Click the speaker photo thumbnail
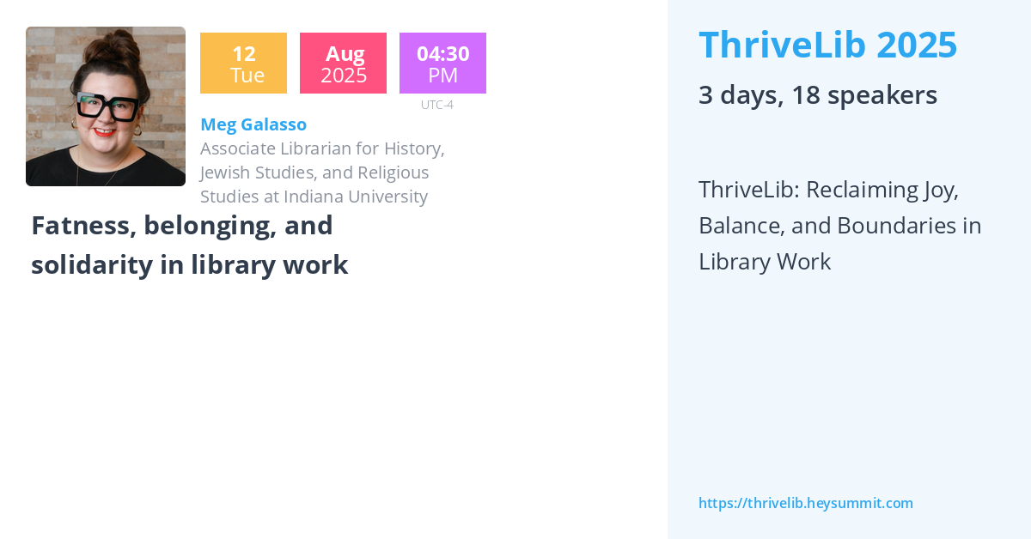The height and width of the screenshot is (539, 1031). [x=105, y=106]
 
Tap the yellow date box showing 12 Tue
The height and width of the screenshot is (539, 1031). [x=243, y=64]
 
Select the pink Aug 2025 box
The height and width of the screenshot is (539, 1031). [x=343, y=64]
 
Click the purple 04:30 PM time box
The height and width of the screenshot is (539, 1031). [x=442, y=64]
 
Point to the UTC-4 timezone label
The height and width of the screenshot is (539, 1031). [x=436, y=105]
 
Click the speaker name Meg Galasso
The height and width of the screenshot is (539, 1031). [x=253, y=124]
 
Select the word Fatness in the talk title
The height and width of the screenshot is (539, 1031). [x=83, y=226]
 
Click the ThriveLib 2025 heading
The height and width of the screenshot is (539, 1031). [x=827, y=45]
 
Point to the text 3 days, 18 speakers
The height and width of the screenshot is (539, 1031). [x=817, y=95]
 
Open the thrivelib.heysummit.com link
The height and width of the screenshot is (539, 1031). [x=805, y=503]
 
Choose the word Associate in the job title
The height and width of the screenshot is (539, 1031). [x=239, y=148]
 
